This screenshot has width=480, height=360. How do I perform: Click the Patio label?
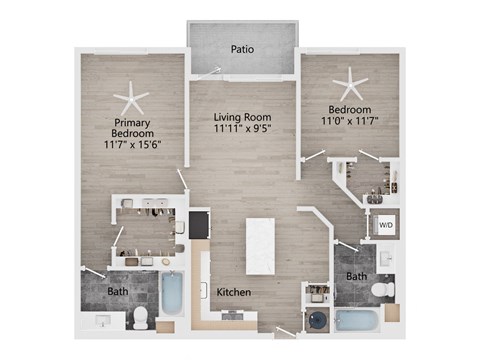(242, 49)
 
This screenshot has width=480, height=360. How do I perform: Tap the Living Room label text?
(242, 117)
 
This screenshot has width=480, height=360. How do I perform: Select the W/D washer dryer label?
(386, 225)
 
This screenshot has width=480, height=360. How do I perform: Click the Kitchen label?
(234, 292)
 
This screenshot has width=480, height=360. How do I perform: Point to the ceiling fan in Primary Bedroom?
(131, 99)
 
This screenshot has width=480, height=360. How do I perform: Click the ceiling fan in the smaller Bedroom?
(350, 85)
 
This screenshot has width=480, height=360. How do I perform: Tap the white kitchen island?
(260, 246)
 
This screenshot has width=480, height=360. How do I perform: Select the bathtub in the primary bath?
(172, 293)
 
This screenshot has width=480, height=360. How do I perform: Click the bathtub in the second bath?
(357, 321)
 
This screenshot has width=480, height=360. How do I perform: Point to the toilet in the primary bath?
(140, 317)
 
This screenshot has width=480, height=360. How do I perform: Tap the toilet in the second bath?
(383, 289)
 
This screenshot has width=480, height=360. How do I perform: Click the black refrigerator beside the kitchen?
(199, 225)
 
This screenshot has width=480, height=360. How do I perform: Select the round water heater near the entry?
(318, 320)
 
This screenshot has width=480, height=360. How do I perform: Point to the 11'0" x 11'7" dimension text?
(350, 120)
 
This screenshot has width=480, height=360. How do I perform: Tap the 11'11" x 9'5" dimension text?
(242, 128)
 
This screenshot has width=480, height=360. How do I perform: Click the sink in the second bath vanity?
(386, 258)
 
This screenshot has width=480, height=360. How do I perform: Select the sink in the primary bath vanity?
(103, 321)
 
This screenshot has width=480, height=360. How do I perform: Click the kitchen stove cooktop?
(232, 314)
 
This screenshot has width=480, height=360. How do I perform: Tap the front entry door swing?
(286, 332)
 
